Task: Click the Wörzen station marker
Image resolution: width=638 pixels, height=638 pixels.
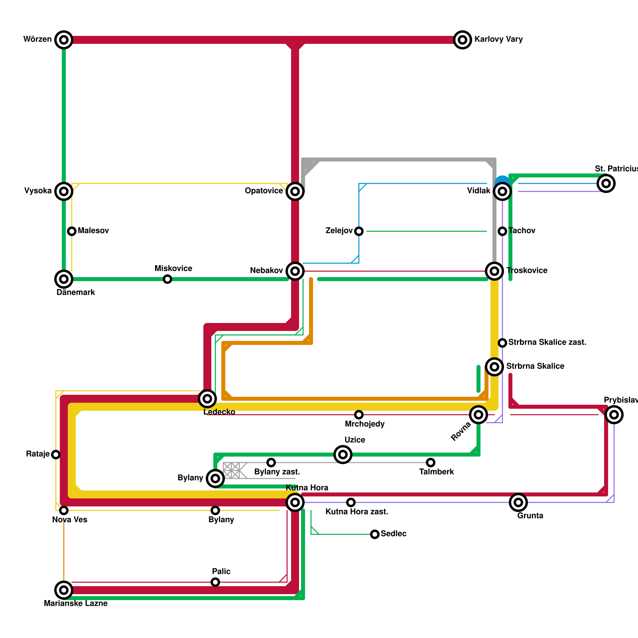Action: (64, 40)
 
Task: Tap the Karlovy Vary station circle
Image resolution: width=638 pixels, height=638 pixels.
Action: (463, 40)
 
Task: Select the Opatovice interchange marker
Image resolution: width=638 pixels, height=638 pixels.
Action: (295, 191)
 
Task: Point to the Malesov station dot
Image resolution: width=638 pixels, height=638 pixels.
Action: (72, 231)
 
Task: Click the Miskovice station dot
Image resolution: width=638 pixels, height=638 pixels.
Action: (167, 279)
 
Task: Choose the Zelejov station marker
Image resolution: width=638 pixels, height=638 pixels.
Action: (359, 231)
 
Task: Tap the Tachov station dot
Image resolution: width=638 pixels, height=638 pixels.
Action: (502, 231)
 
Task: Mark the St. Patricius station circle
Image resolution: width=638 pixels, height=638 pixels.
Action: (606, 183)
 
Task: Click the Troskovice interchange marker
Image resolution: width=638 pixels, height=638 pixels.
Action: (494, 271)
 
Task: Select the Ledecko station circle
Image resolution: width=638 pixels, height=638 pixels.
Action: (207, 398)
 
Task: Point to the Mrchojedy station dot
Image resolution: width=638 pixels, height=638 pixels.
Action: (359, 415)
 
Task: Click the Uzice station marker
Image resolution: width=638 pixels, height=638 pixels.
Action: (343, 455)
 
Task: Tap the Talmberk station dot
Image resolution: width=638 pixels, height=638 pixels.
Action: (431, 463)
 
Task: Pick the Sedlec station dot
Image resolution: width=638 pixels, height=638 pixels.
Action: (375, 534)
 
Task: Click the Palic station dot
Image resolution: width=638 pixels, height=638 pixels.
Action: (215, 582)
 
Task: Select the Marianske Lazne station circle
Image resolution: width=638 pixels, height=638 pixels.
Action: (64, 590)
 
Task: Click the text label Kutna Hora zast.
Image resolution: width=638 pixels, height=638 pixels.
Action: (357, 512)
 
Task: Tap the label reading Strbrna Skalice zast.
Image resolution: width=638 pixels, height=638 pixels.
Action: (547, 343)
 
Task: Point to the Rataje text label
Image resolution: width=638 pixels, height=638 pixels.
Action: (38, 454)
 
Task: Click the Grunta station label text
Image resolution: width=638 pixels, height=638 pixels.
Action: (530, 516)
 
